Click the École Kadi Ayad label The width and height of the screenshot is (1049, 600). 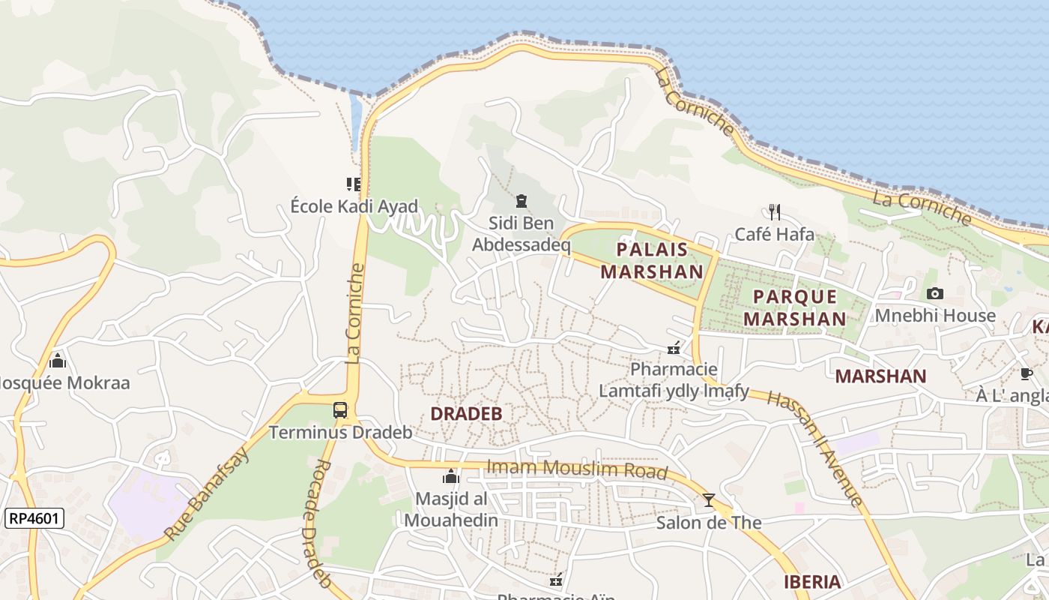(x=354, y=206)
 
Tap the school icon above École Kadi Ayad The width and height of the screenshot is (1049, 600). (x=354, y=184)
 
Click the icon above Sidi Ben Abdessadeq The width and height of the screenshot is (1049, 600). (x=521, y=201)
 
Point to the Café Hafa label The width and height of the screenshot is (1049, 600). (x=774, y=234)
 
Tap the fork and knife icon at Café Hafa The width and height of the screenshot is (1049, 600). (x=774, y=212)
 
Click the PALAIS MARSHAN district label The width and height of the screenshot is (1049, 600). (x=651, y=260)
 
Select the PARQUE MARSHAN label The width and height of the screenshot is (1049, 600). (x=799, y=307)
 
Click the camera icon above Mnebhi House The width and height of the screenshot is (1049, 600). (x=934, y=293)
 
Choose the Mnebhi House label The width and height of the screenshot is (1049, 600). (x=935, y=315)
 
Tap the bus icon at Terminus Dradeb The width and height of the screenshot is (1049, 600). (x=340, y=410)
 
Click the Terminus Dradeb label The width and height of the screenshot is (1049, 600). (x=340, y=433)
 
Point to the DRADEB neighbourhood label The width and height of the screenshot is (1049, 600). (x=466, y=413)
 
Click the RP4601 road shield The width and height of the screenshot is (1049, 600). (x=34, y=518)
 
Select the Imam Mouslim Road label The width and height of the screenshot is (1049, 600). (x=576, y=469)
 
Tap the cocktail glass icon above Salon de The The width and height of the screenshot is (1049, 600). (x=708, y=500)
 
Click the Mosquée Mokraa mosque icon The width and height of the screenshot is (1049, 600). (x=58, y=361)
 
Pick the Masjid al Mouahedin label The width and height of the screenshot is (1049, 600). (x=450, y=509)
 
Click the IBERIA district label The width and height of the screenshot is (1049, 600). (x=812, y=582)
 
